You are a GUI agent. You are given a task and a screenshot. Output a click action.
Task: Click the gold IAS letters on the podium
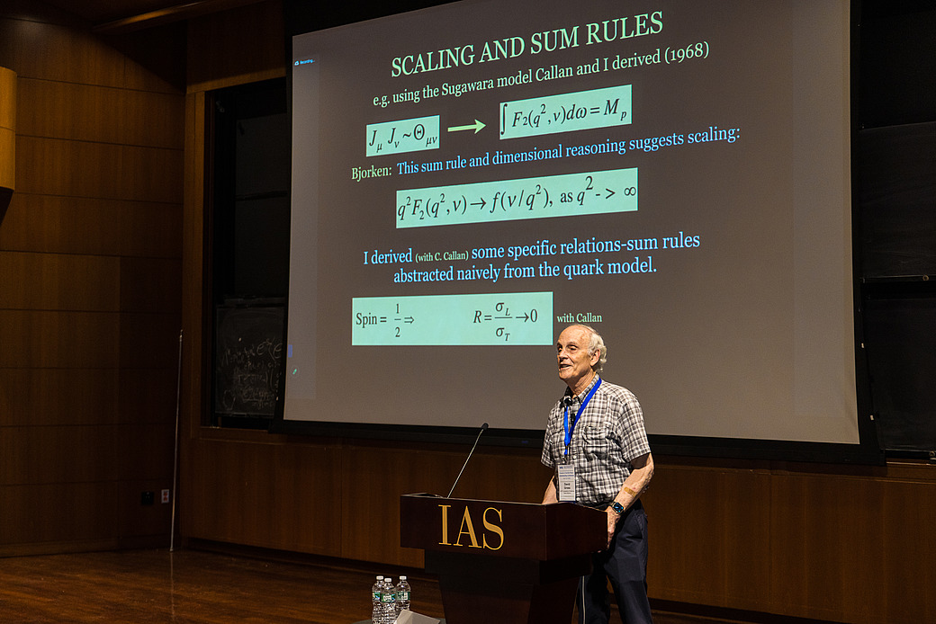point(471,528)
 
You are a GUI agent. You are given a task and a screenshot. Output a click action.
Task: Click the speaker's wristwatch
point(617,507)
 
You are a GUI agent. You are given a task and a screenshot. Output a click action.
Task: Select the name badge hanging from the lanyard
point(566,481)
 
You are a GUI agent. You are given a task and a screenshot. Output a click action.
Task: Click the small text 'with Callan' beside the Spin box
point(579,317)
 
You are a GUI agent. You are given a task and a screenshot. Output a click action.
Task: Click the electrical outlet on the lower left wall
point(165,495)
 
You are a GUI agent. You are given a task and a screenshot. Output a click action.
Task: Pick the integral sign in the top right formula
point(504,119)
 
